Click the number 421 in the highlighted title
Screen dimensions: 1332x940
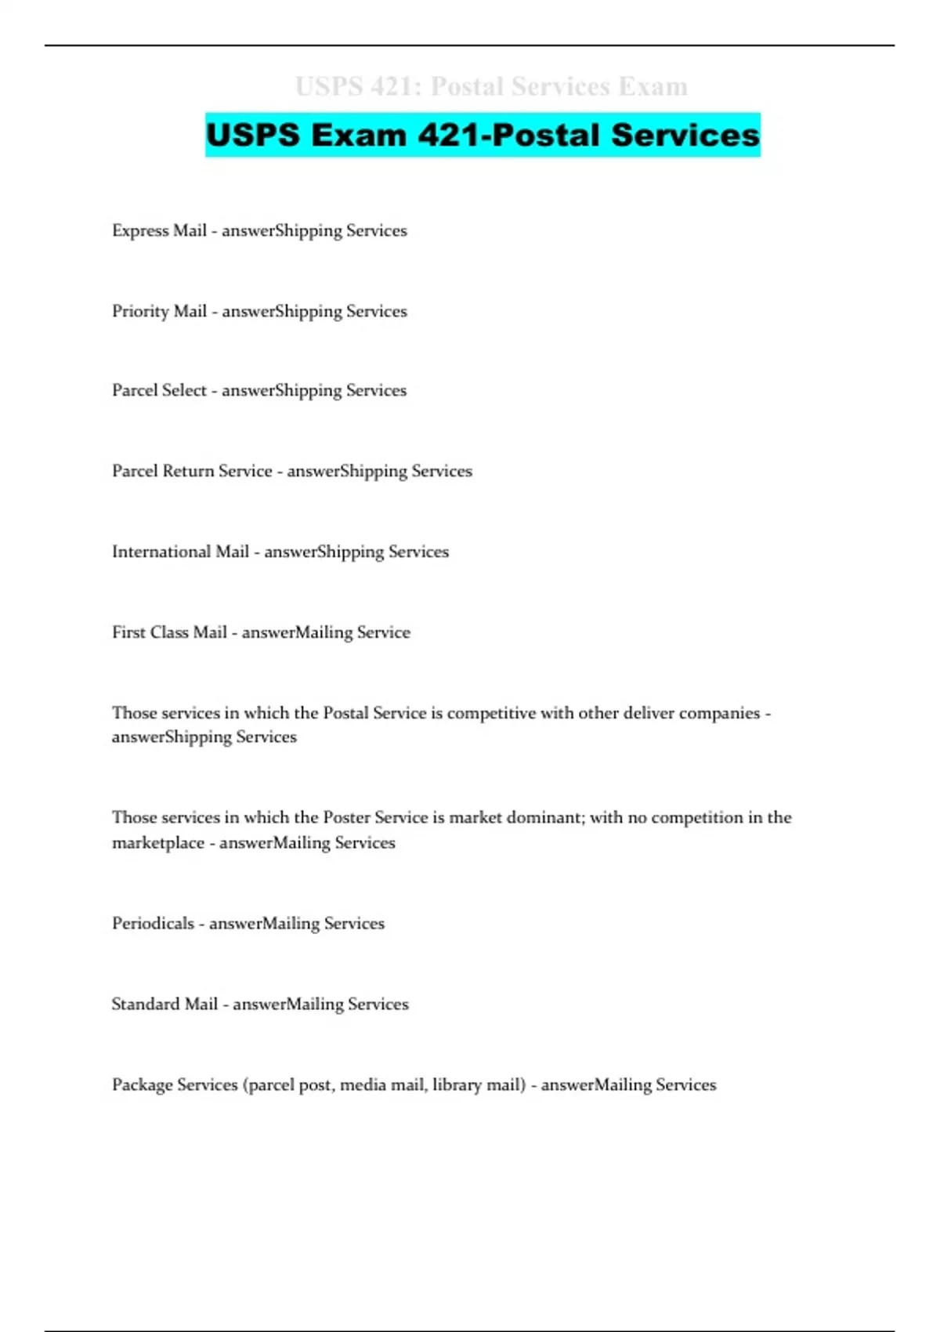[447, 135]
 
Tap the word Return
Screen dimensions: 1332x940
[188, 471]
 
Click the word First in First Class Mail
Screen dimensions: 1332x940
[127, 632]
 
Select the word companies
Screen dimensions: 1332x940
[720, 713]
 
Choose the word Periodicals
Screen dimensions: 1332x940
[153, 924]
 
